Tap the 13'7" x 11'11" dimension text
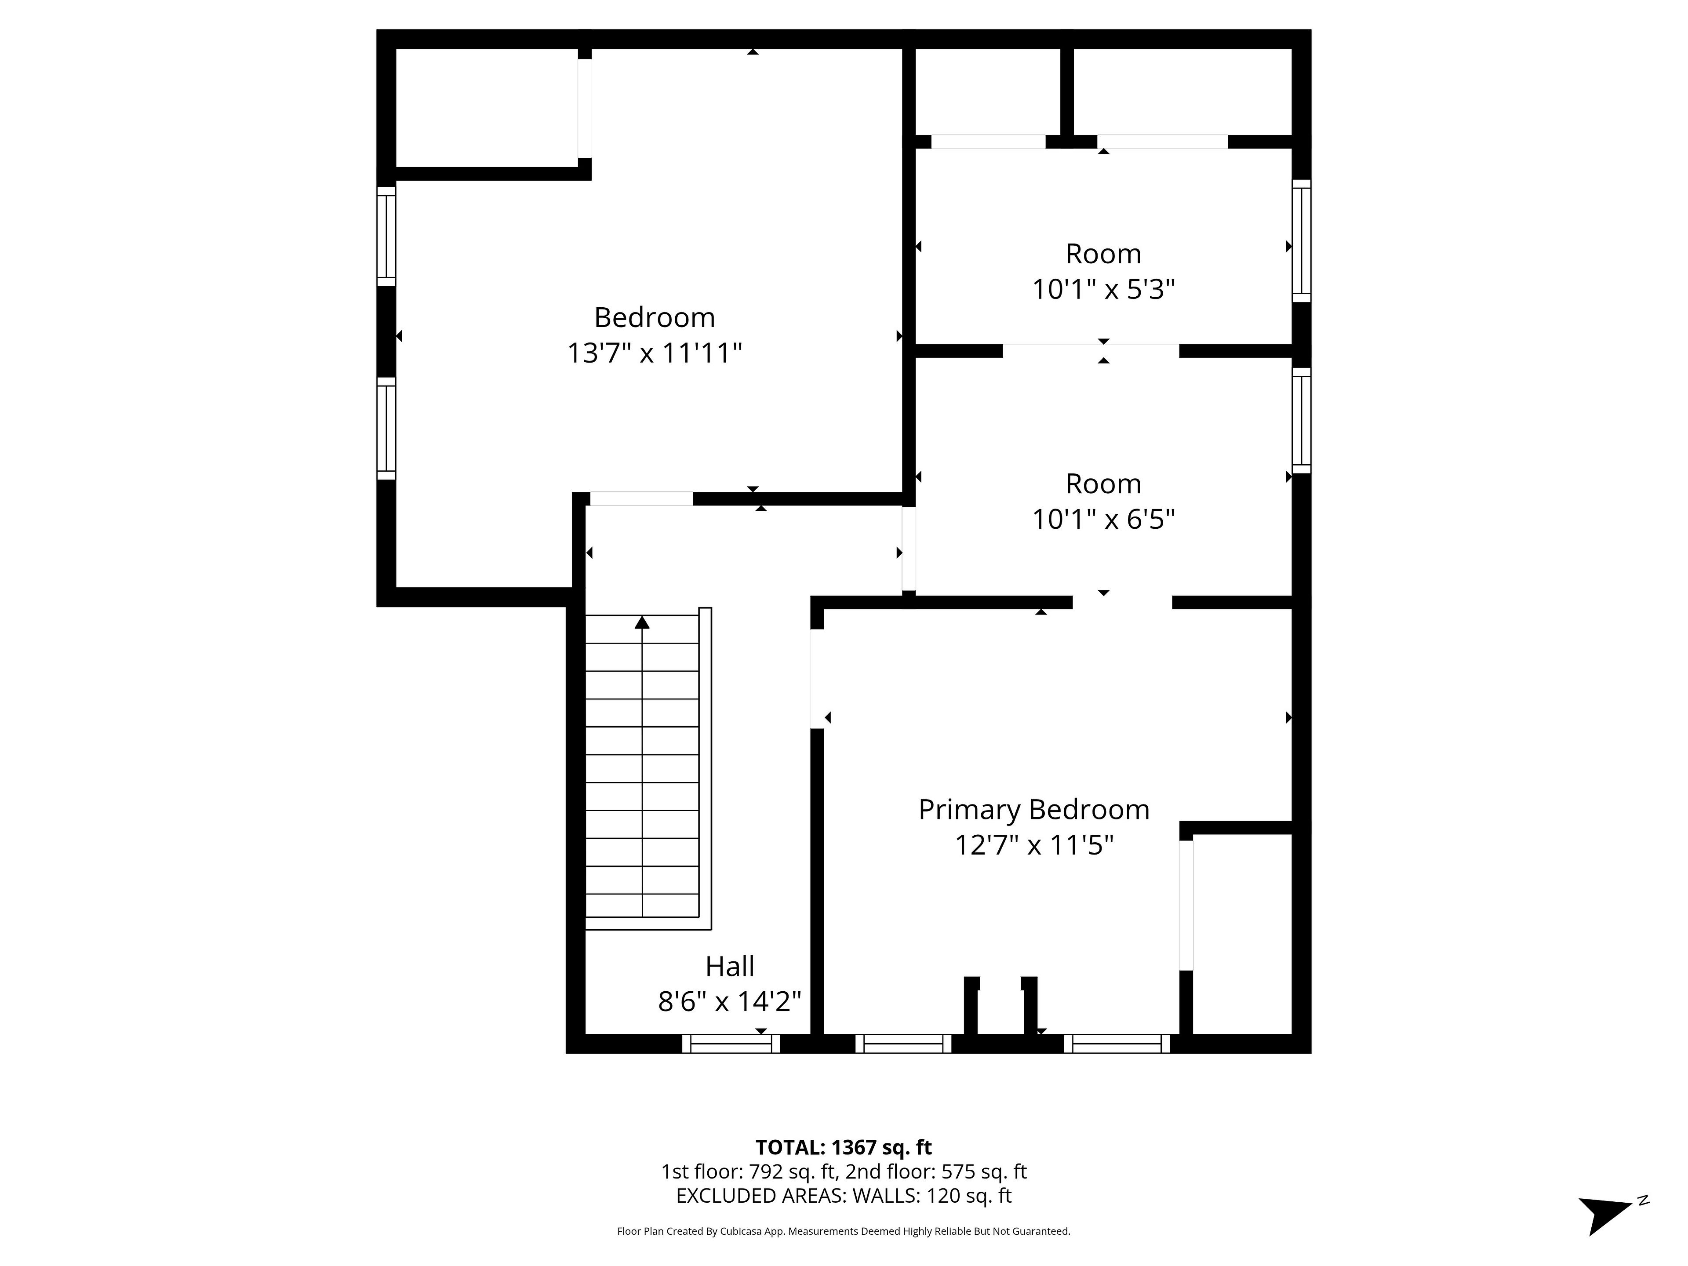click(654, 353)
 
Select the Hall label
click(730, 966)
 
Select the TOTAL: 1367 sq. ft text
click(843, 1147)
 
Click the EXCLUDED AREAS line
click(843, 1195)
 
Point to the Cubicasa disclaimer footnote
click(843, 1231)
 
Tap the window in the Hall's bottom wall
click(730, 1044)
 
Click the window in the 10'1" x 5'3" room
click(1301, 241)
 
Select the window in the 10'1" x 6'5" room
click(1301, 421)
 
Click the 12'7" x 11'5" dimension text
click(1034, 845)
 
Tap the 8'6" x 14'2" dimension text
click(730, 1001)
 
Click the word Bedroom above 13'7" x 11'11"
click(654, 317)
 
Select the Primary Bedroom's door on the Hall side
click(817, 678)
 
